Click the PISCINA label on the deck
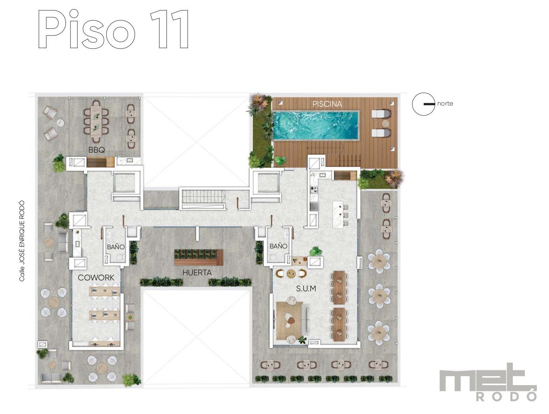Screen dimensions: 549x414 click(x=327, y=104)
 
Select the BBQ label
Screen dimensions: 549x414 click(x=96, y=150)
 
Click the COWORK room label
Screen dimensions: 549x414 click(x=96, y=277)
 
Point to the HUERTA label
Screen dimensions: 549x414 click(x=197, y=273)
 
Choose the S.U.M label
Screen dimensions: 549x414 click(x=306, y=289)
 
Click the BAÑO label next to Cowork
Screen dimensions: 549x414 click(x=116, y=247)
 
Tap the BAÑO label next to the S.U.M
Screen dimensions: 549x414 click(x=278, y=246)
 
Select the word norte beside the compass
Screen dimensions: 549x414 click(x=445, y=104)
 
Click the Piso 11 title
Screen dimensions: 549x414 click(x=113, y=29)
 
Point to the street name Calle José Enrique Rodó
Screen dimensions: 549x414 click(x=22, y=241)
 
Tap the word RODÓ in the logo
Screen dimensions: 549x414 click(x=506, y=396)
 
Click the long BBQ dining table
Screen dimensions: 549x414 click(x=96, y=122)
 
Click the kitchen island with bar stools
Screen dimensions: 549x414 click(x=339, y=215)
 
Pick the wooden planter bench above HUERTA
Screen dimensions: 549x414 click(x=199, y=257)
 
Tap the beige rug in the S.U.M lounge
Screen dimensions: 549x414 click(x=289, y=321)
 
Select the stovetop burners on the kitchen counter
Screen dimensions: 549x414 click(x=314, y=189)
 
